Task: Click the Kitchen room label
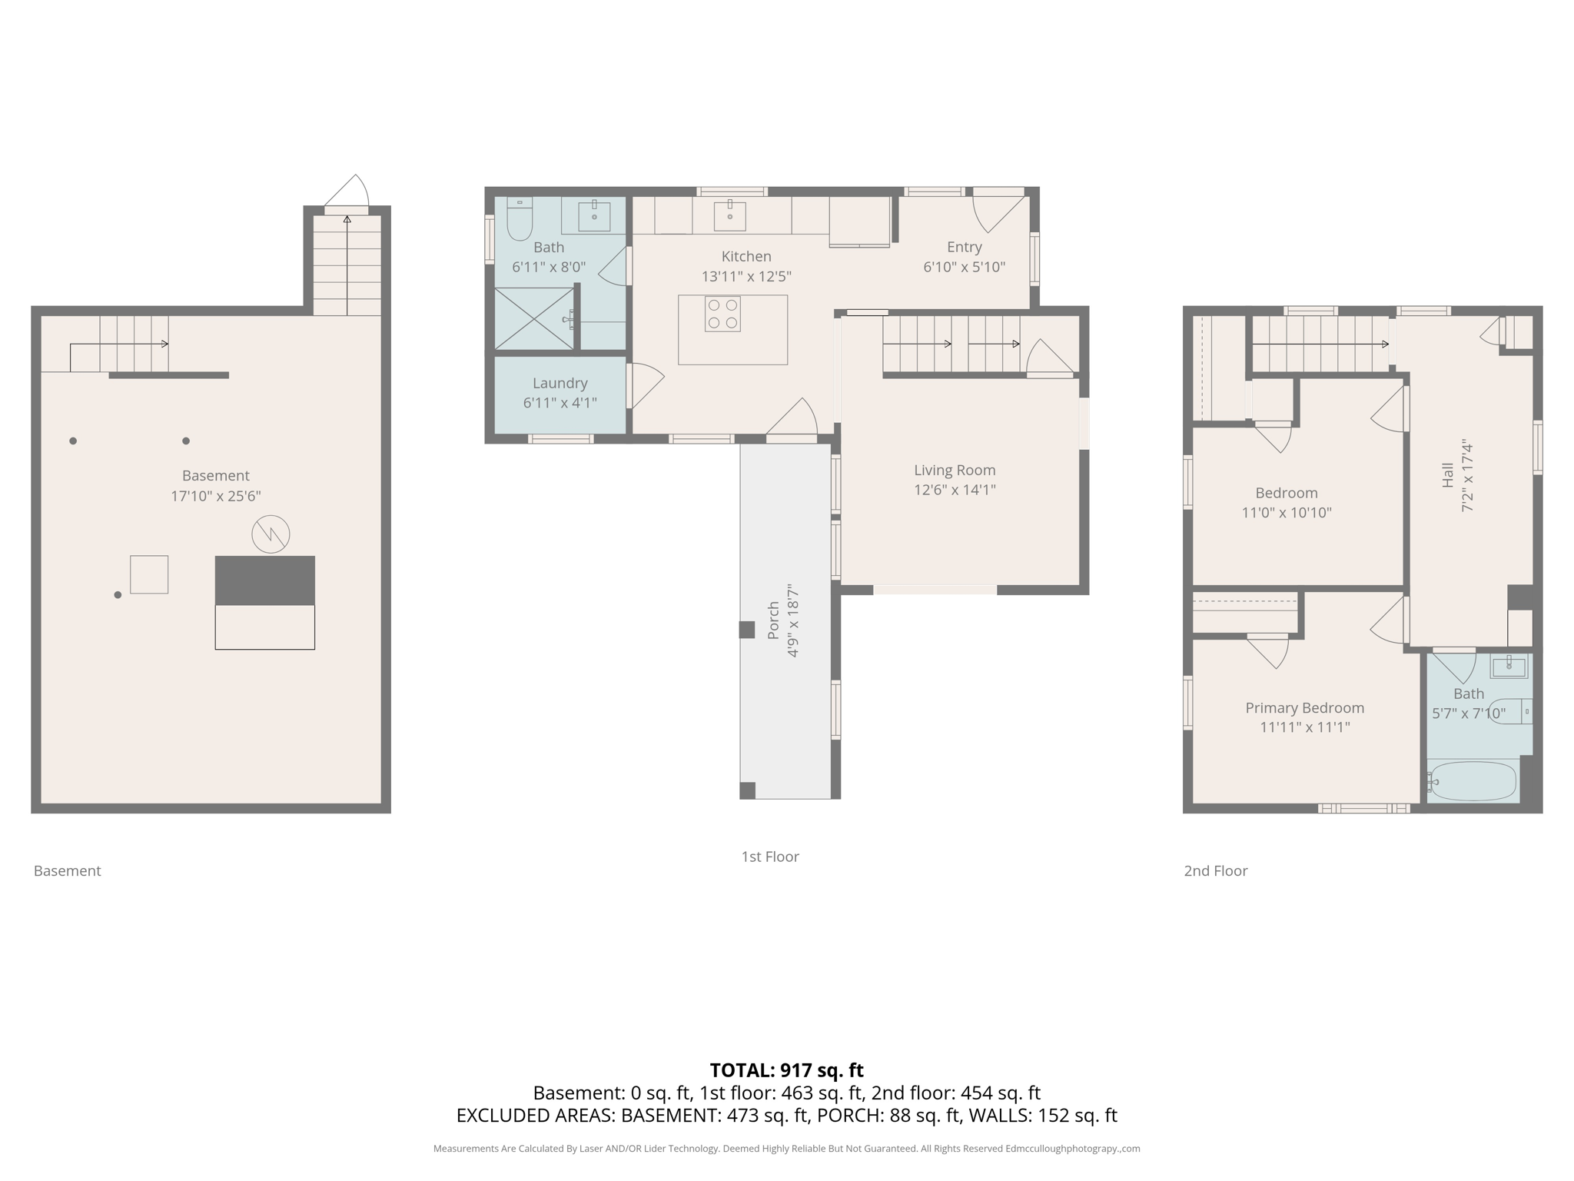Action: pos(745,256)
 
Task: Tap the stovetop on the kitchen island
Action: pos(722,314)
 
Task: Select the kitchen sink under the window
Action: pos(729,216)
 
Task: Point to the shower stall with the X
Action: pos(534,318)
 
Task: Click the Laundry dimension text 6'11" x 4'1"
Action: pos(560,403)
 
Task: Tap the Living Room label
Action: pos(955,470)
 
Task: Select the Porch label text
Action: pos(773,620)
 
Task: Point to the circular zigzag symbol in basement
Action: pos(271,534)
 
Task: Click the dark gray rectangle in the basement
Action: pos(264,581)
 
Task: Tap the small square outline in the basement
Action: pos(149,574)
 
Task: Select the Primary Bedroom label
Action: pos(1304,707)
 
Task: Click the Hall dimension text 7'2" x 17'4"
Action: pos(1468,476)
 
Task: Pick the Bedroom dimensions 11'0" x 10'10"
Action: pos(1287,513)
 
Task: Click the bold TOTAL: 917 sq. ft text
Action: pos(786,1070)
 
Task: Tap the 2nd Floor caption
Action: pos(1215,870)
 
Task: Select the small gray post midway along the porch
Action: pos(746,630)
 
